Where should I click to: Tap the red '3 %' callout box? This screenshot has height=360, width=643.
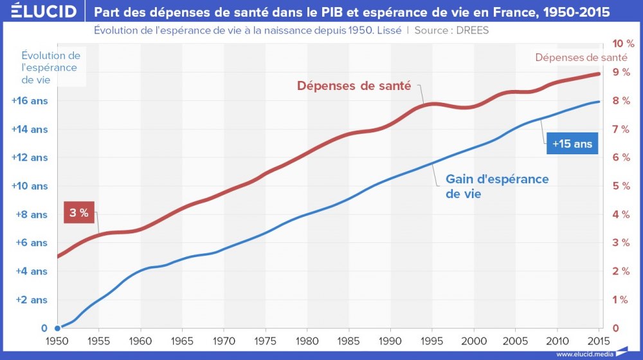pyautogui.click(x=79, y=213)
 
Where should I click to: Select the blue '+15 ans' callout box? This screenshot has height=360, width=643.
pyautogui.click(x=572, y=144)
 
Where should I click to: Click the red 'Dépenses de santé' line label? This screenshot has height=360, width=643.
pyautogui.click(x=354, y=85)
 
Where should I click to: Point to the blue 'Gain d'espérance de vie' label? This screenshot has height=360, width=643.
pyautogui.click(x=497, y=186)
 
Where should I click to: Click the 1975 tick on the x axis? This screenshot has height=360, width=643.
pyautogui.click(x=265, y=342)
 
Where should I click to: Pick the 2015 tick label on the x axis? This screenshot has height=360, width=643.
pyautogui.click(x=599, y=342)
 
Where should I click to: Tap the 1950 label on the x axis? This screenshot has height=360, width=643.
pyautogui.click(x=57, y=342)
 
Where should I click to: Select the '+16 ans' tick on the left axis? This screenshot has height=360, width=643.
pyautogui.click(x=30, y=101)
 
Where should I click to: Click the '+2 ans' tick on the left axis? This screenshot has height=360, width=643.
pyautogui.click(x=32, y=300)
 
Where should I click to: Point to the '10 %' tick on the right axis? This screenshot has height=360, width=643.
pyautogui.click(x=622, y=44)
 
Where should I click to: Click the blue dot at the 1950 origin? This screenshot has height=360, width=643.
pyautogui.click(x=57, y=328)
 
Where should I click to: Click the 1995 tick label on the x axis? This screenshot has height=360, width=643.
pyautogui.click(x=432, y=342)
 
